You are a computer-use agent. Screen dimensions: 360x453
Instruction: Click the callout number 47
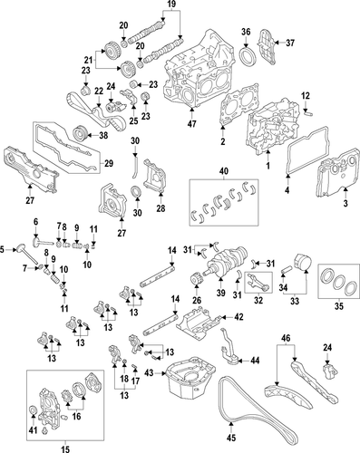click(192, 123)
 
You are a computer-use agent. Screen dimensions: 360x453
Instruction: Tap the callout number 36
click(246, 32)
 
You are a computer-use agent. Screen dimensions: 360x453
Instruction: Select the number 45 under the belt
click(231, 438)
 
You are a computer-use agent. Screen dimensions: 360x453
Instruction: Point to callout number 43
click(150, 373)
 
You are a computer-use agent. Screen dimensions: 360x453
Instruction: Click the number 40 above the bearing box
click(224, 171)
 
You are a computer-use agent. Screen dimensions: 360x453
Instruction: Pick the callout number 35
click(339, 306)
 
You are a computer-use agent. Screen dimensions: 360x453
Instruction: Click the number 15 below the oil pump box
click(65, 449)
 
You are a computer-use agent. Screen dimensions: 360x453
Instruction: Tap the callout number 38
click(103, 136)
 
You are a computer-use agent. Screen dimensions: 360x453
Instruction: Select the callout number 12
click(306, 96)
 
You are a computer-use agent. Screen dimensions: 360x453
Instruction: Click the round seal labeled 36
click(248, 57)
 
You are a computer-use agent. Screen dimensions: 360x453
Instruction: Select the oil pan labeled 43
click(190, 379)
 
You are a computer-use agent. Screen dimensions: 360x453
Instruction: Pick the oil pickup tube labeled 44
click(229, 349)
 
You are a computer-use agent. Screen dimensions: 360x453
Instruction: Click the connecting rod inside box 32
click(258, 281)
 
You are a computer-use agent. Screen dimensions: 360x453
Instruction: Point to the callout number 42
click(238, 317)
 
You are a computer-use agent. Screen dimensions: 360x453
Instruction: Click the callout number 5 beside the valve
click(2, 249)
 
